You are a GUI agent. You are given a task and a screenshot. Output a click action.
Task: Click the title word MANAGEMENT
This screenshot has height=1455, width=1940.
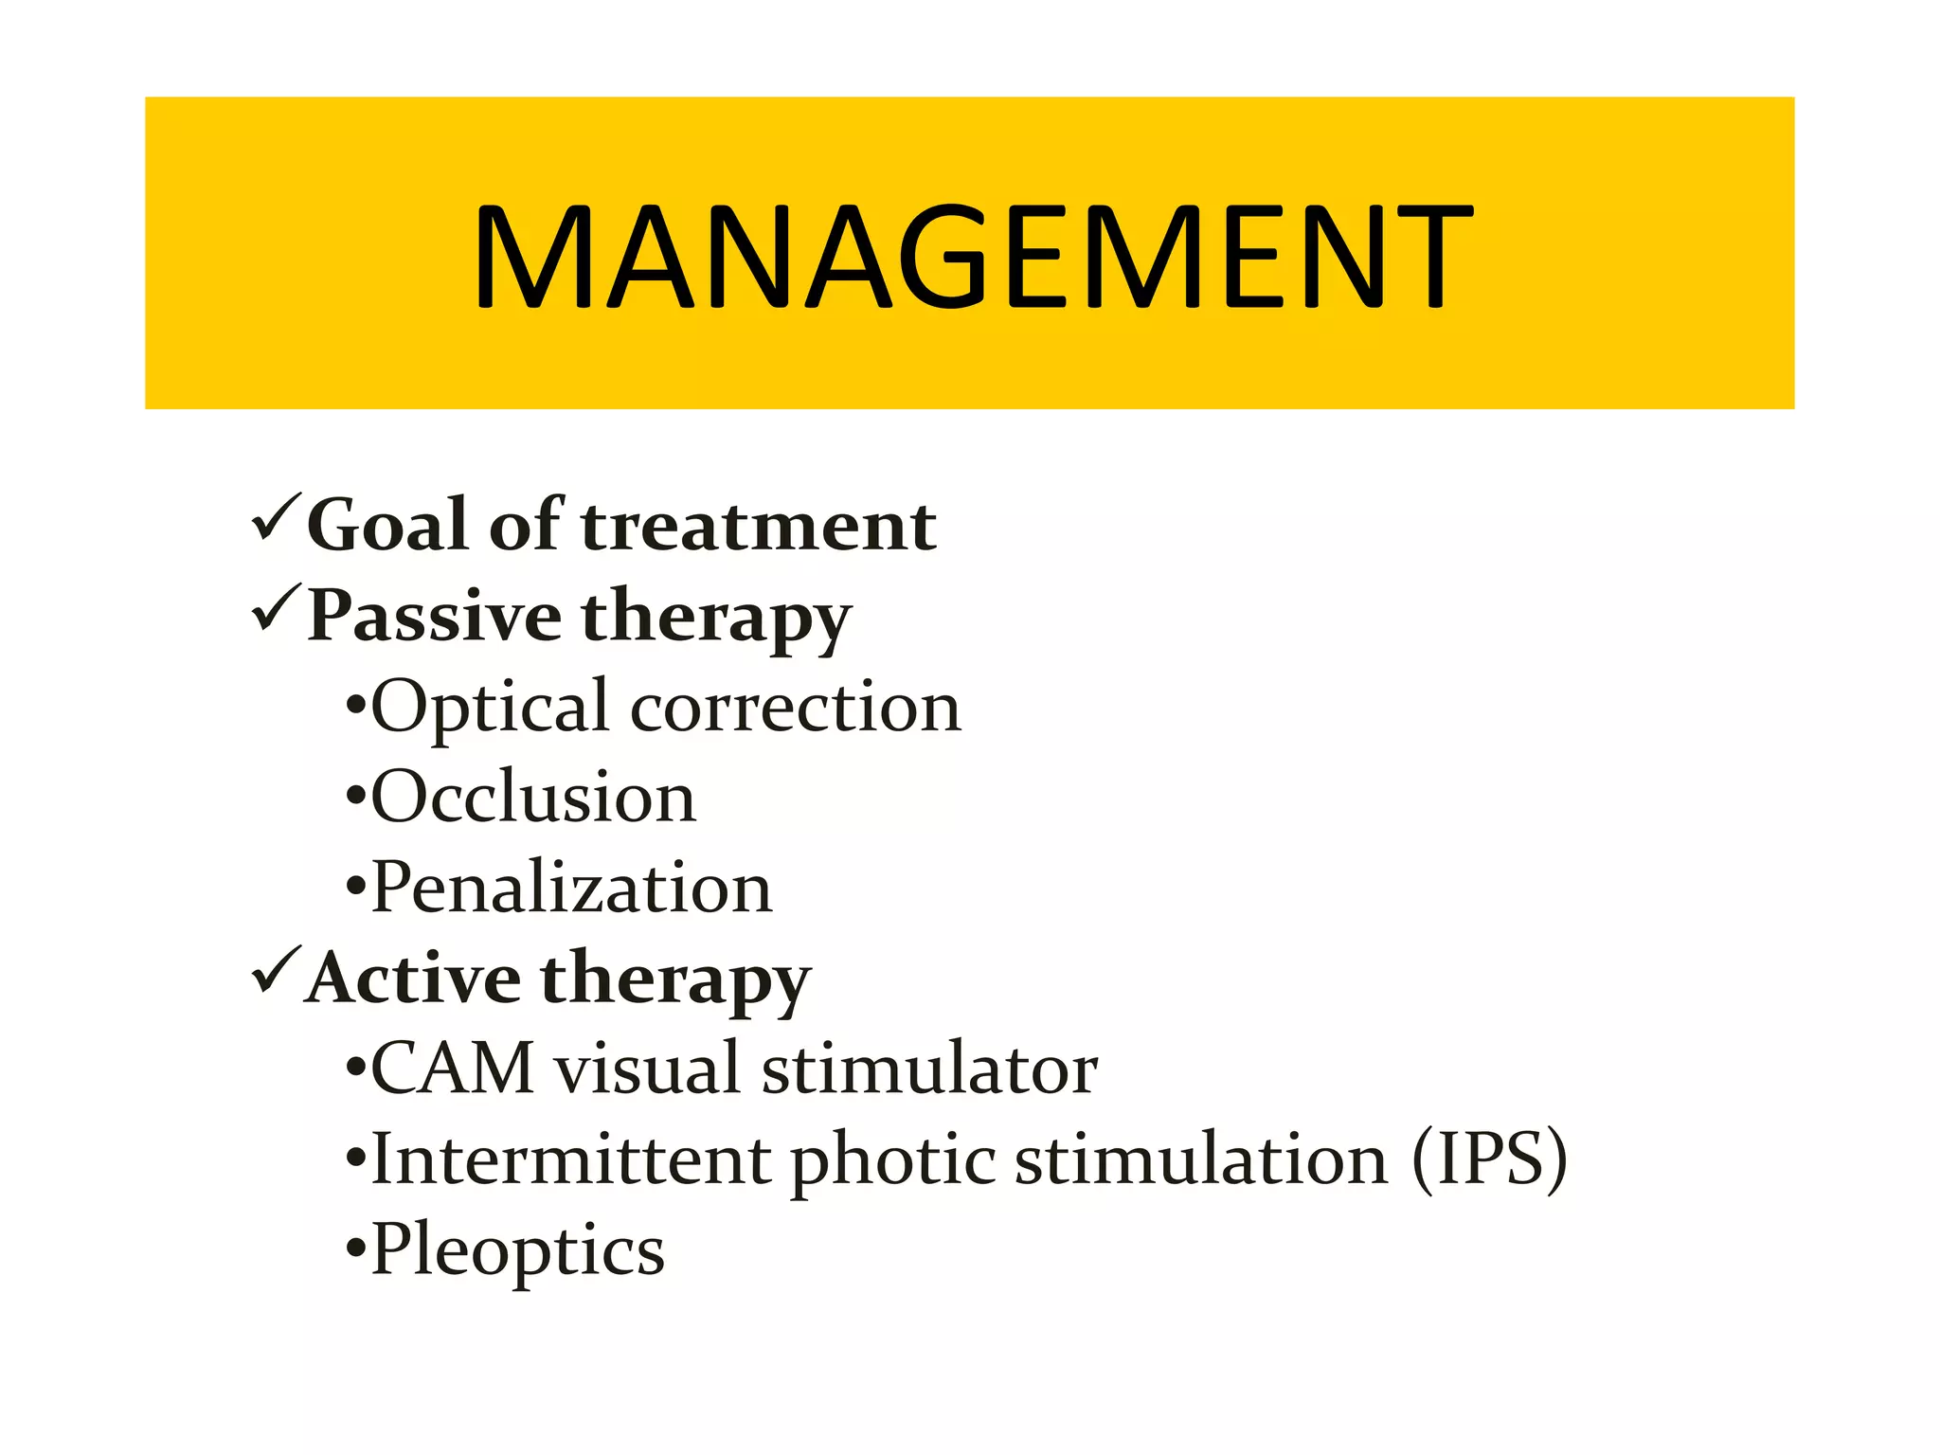point(972,258)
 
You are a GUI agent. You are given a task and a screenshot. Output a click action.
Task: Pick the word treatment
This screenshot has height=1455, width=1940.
point(759,526)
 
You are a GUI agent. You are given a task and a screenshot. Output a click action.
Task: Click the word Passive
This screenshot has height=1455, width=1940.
point(435,616)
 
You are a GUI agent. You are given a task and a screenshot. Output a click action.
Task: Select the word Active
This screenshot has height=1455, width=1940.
point(413,978)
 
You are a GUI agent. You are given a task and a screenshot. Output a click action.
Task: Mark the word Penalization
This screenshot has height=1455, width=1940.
point(571,889)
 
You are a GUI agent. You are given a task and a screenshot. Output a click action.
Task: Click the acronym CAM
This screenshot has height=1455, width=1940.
point(453,1069)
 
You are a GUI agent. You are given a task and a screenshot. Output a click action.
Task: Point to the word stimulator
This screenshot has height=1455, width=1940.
point(929,1069)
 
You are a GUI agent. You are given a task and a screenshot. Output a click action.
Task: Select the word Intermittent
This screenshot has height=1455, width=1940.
point(571,1159)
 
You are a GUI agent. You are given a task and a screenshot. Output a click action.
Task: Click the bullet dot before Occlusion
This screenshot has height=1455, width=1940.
point(356,799)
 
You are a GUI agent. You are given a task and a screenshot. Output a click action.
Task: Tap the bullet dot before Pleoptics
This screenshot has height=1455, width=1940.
point(356,1249)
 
